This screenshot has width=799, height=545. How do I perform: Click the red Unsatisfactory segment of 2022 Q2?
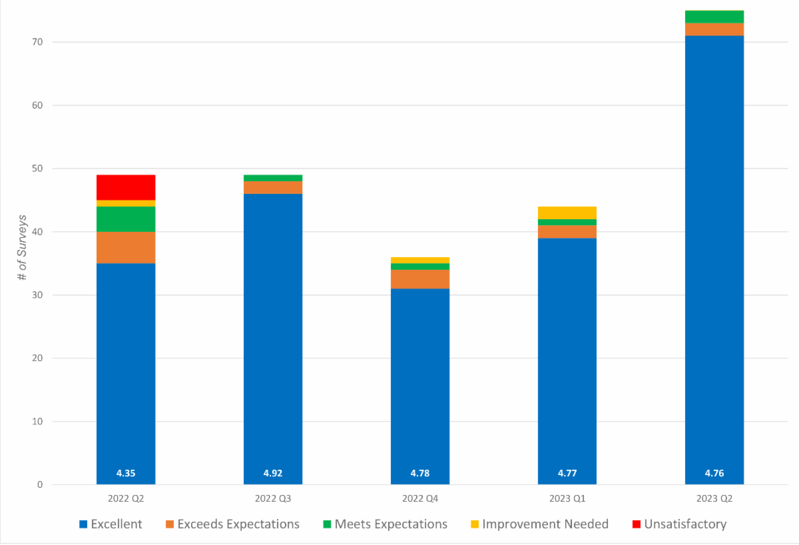126,187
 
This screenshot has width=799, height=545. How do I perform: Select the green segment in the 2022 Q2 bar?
126,219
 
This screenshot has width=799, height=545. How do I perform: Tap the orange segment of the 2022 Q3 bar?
273,187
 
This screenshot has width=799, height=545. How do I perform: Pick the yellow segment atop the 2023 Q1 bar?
567,213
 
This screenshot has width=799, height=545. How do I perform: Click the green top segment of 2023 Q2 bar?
714,17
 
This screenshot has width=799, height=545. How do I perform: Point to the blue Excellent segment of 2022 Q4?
420,386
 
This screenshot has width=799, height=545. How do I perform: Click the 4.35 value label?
126,474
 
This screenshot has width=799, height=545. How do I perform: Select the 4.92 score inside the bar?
273,474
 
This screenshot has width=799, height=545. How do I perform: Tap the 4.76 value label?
714,474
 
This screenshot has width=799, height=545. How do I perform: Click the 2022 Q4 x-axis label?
420,498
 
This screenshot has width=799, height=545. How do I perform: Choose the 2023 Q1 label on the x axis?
567,498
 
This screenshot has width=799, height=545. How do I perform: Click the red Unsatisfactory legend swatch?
637,524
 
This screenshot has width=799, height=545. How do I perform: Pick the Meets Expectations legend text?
391,524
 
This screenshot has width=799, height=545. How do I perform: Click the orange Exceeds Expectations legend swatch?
170,524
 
